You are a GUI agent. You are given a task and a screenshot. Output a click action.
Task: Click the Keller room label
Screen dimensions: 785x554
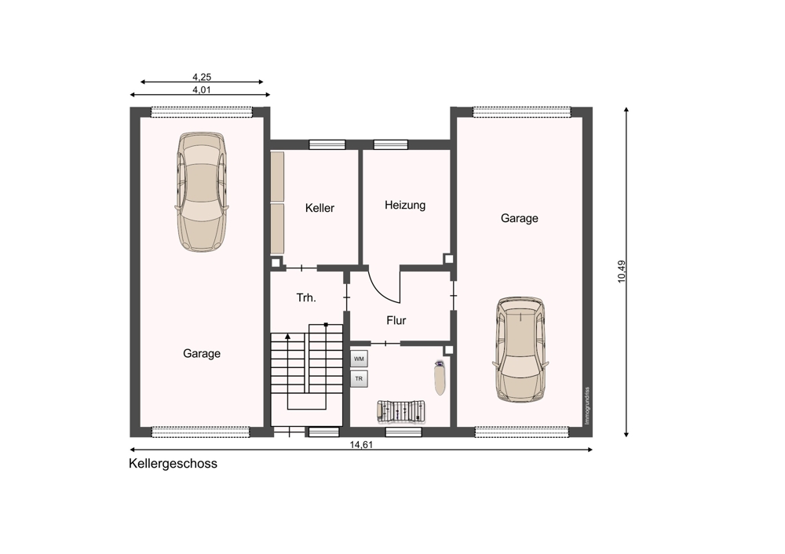click(319, 208)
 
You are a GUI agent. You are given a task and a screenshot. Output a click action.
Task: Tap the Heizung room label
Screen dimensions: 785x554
click(405, 205)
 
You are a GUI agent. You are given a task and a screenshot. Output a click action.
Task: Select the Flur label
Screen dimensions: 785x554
click(396, 320)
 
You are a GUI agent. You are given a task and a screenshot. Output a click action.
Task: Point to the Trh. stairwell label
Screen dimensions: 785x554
click(306, 297)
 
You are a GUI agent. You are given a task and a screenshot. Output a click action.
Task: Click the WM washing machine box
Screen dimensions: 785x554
click(359, 359)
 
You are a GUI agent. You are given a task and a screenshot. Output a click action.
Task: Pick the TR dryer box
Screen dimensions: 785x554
click(359, 379)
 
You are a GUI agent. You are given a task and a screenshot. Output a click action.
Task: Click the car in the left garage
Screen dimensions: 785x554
click(201, 191)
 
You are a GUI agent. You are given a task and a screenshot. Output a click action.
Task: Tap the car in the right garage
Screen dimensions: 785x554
click(520, 350)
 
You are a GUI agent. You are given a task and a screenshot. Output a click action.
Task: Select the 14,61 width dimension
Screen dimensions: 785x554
click(361, 444)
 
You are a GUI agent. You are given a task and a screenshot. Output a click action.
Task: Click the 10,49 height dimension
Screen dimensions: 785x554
click(621, 272)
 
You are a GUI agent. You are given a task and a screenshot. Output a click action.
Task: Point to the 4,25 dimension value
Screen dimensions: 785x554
click(202, 77)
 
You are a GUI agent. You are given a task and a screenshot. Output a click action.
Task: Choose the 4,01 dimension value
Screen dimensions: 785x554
click(202, 90)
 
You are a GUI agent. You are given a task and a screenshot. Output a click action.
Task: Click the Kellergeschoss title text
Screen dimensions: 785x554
click(173, 464)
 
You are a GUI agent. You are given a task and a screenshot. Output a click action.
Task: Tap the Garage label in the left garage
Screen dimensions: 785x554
click(202, 353)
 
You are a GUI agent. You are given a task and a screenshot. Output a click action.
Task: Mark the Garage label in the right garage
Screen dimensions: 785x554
click(520, 218)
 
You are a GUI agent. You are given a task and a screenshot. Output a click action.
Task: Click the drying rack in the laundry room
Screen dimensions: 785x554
click(401, 411)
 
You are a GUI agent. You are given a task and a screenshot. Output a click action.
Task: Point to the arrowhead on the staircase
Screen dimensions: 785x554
click(288, 337)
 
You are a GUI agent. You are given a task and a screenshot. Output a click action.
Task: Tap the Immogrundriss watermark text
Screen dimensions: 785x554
click(587, 406)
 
